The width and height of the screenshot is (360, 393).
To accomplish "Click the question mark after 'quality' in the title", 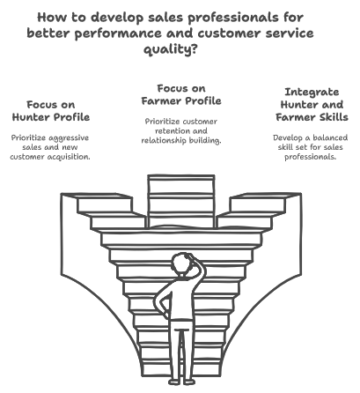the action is pos(194,48).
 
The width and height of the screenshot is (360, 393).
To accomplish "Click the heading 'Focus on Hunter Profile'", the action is pos(51,111).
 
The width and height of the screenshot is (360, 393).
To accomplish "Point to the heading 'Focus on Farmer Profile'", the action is pos(181,94).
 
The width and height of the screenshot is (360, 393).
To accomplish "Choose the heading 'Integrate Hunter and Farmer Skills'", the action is pos(312,105).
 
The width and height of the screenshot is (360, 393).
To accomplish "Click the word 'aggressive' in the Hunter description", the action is pos(70,138).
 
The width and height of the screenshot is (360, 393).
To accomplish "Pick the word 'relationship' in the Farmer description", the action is pos(164,141).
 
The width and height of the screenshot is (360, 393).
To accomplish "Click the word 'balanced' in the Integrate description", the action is pos(330,137).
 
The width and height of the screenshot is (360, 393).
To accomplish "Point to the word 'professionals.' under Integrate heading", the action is pos(311,157).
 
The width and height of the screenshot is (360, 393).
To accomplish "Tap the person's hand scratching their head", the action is pos(189,256).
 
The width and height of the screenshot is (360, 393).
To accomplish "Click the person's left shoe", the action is pos(174,382).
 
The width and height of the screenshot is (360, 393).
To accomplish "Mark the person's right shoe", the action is pos(189,382).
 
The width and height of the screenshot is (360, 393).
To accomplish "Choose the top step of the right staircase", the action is pos(266,196).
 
